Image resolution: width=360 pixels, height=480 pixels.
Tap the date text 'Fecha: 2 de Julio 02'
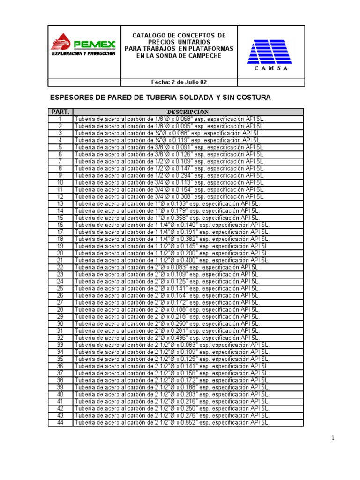179,82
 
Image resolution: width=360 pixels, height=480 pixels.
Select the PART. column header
60,112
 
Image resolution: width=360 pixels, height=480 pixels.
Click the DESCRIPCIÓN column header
188,112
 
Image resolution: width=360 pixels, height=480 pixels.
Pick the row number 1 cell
60,119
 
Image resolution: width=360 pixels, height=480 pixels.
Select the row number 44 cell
60,422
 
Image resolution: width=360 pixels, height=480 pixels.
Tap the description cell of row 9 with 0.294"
169,175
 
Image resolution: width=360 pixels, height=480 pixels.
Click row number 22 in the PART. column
60,267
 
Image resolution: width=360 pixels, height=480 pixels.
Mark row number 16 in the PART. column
60,225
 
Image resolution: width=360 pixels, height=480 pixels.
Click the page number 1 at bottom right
333,438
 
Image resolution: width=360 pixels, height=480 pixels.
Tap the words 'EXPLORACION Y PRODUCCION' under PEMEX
83,54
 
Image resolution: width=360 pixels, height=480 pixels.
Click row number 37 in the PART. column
60,373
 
